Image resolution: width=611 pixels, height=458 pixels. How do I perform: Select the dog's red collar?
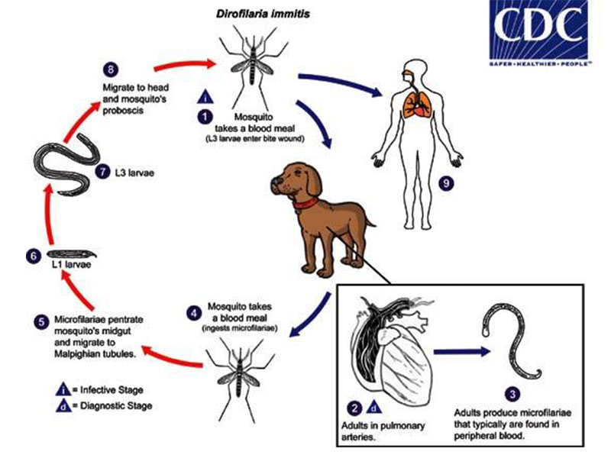[x=306, y=202]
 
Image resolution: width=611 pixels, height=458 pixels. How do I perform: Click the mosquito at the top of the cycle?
[x=245, y=65]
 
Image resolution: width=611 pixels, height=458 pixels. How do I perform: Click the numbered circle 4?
[x=194, y=312]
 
